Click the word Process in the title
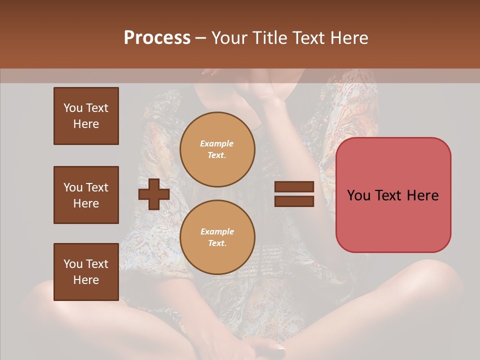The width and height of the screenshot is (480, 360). [157, 38]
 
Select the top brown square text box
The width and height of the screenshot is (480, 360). [86, 116]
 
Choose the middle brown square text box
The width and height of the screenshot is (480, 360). [86, 195]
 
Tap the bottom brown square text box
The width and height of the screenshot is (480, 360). [86, 271]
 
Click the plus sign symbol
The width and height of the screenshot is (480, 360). [154, 194]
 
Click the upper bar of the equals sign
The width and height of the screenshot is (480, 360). [294, 187]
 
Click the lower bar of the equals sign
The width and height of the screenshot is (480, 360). [294, 201]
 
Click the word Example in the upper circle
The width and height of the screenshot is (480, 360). [217, 143]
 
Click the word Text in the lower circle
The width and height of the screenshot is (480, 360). [217, 243]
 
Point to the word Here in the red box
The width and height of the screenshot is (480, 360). [422, 195]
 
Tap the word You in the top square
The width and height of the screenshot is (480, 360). [73, 108]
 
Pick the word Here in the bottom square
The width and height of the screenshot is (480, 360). [86, 280]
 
